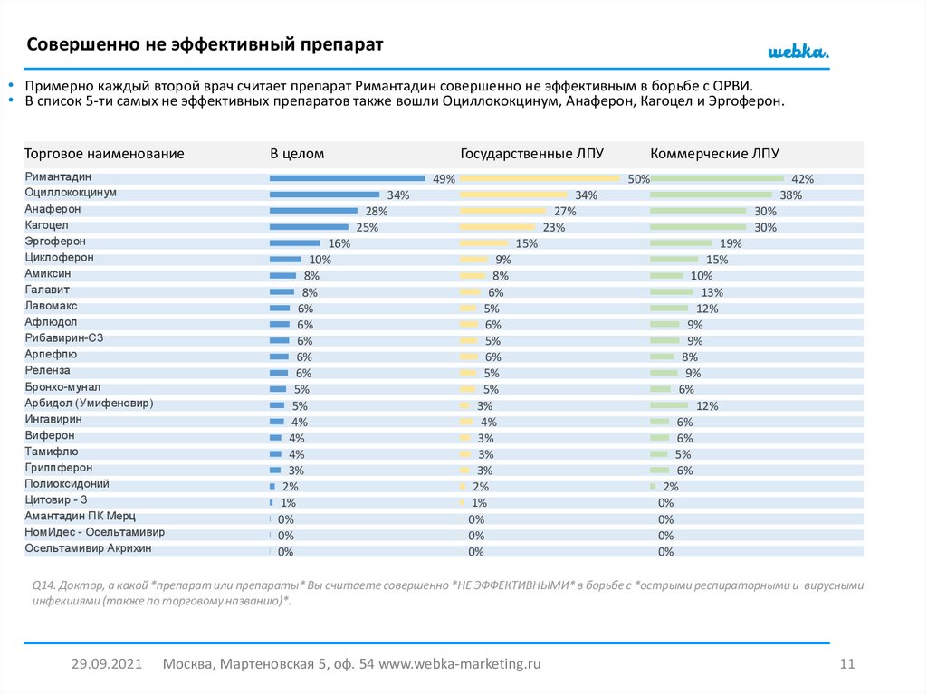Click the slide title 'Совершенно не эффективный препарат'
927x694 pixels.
(205, 44)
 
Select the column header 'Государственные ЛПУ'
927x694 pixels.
(531, 154)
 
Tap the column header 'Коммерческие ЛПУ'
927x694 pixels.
(714, 154)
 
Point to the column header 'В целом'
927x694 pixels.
(297, 154)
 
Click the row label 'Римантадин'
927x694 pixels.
(59, 177)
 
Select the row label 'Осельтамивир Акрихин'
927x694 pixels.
(88, 548)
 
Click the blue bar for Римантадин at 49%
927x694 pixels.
(347, 178)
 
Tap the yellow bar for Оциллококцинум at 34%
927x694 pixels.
(513, 195)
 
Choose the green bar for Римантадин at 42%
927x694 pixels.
(717, 178)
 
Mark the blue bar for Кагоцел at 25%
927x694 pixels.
(309, 227)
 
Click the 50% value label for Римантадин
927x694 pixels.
(639, 179)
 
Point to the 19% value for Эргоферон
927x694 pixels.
(731, 243)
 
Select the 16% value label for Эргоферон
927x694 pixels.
(339, 243)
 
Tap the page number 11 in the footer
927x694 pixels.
(847, 664)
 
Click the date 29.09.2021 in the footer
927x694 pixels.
(107, 664)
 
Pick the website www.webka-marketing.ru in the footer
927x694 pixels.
(459, 664)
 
